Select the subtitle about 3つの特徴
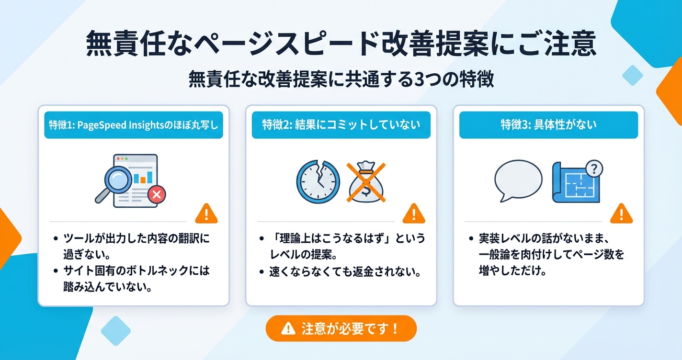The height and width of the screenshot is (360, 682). pos(341,79)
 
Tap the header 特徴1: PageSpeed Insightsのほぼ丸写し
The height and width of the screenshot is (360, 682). pos(134,125)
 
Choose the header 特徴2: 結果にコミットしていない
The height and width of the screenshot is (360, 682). pos(341,125)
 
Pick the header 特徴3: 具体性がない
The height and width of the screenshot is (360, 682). pos(548,125)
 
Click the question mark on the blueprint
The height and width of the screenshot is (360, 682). pos(594,168)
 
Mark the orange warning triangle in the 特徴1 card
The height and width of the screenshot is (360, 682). pos(206,214)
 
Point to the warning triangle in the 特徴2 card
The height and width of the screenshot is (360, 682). pos(414,214)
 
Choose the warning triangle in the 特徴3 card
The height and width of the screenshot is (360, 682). pos(622,214)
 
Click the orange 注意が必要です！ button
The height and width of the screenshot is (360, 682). pos(341,328)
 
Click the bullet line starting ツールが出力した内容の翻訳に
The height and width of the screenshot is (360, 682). pos(136,238)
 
